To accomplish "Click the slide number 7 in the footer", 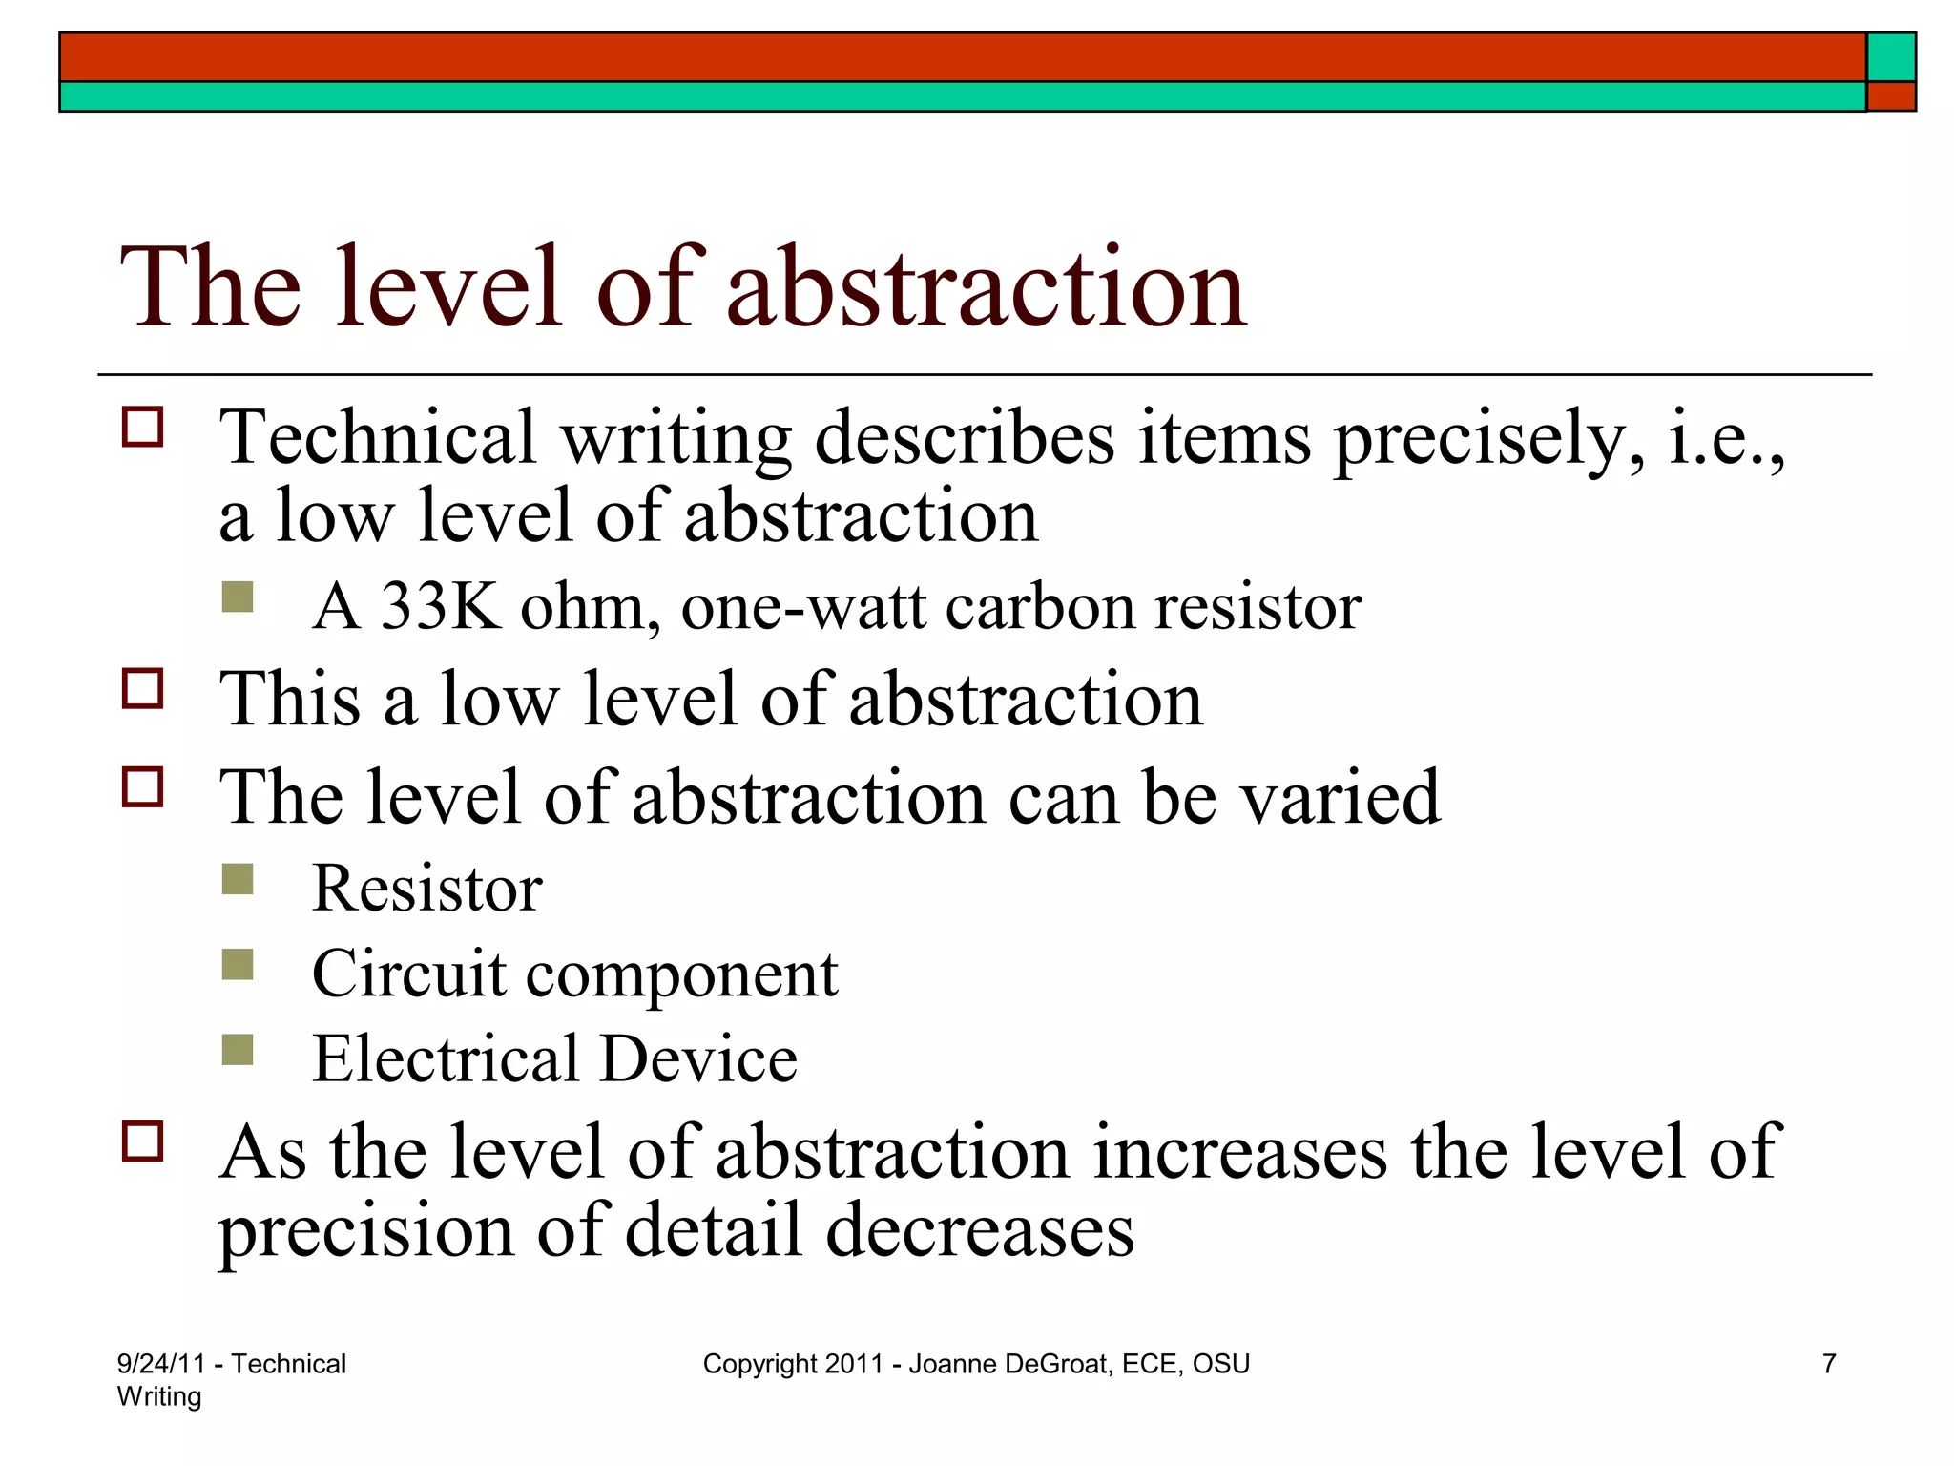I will (1829, 1364).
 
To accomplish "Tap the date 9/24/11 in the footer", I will (160, 1364).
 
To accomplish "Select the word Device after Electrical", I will (698, 1058).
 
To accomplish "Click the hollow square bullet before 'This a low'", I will (143, 688).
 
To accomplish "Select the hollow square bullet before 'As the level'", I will (143, 1141).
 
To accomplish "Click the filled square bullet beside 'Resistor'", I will (238, 879).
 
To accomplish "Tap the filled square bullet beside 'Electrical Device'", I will (238, 1050).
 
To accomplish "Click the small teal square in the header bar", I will (1891, 57).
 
